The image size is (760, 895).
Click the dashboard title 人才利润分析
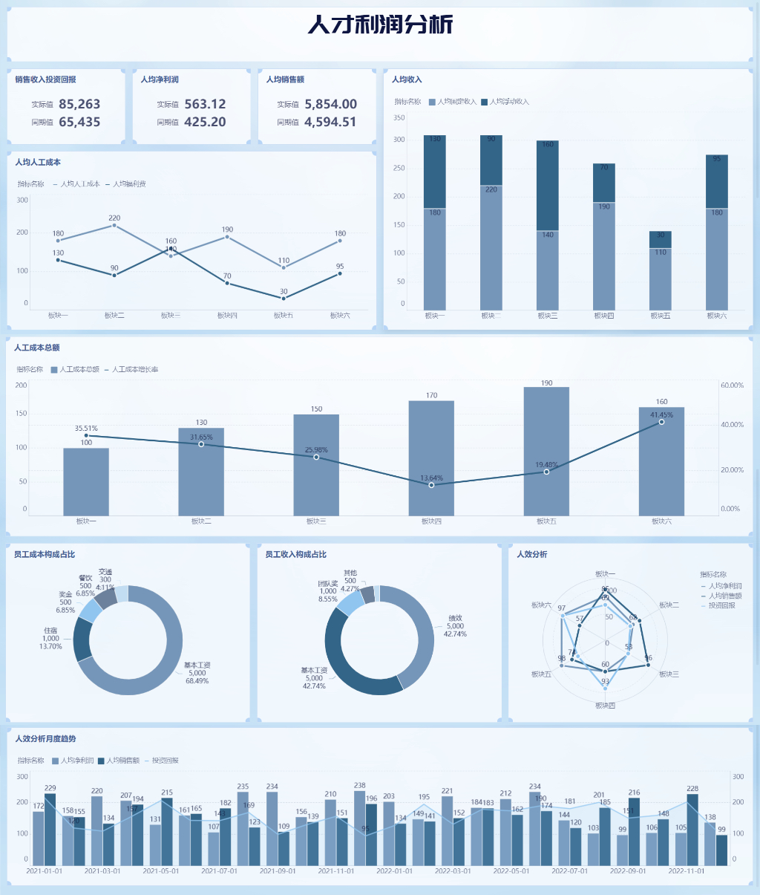(380, 25)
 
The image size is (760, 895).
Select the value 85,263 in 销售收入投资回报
(79, 105)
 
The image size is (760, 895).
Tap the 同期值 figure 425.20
(205, 123)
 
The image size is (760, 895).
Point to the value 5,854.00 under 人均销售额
(330, 105)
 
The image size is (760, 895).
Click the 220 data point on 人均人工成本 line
(114, 225)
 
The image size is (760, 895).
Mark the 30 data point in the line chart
(284, 299)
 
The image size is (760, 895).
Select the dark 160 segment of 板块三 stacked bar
(548, 186)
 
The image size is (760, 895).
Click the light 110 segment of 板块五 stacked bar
(661, 279)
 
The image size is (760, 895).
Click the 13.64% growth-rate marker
(431, 485)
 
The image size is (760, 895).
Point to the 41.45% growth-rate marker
(661, 422)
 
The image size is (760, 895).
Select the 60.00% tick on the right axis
(732, 385)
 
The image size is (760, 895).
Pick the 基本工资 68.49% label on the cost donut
(197, 673)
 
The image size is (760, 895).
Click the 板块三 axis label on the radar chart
(669, 674)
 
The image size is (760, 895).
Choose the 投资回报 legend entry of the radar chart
(721, 606)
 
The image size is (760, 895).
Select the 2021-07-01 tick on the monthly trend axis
(219, 871)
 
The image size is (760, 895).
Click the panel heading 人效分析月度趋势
(46, 739)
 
